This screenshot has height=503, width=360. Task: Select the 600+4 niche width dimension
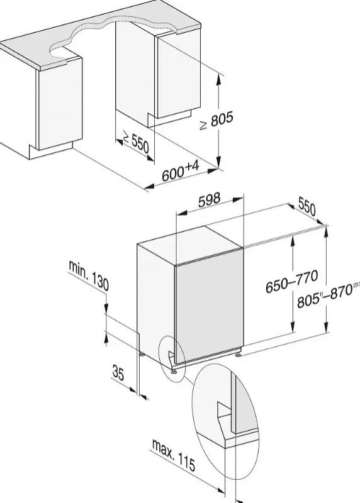tap(180, 171)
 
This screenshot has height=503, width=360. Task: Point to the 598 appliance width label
tap(210, 200)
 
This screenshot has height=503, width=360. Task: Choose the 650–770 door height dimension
tap(291, 281)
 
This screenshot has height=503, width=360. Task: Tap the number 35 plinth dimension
tap(118, 372)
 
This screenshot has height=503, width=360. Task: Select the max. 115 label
tap(174, 455)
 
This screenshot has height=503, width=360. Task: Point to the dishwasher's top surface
tap(189, 245)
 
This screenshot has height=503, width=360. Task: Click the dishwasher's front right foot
tap(238, 354)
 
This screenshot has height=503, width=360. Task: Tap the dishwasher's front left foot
tap(174, 372)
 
